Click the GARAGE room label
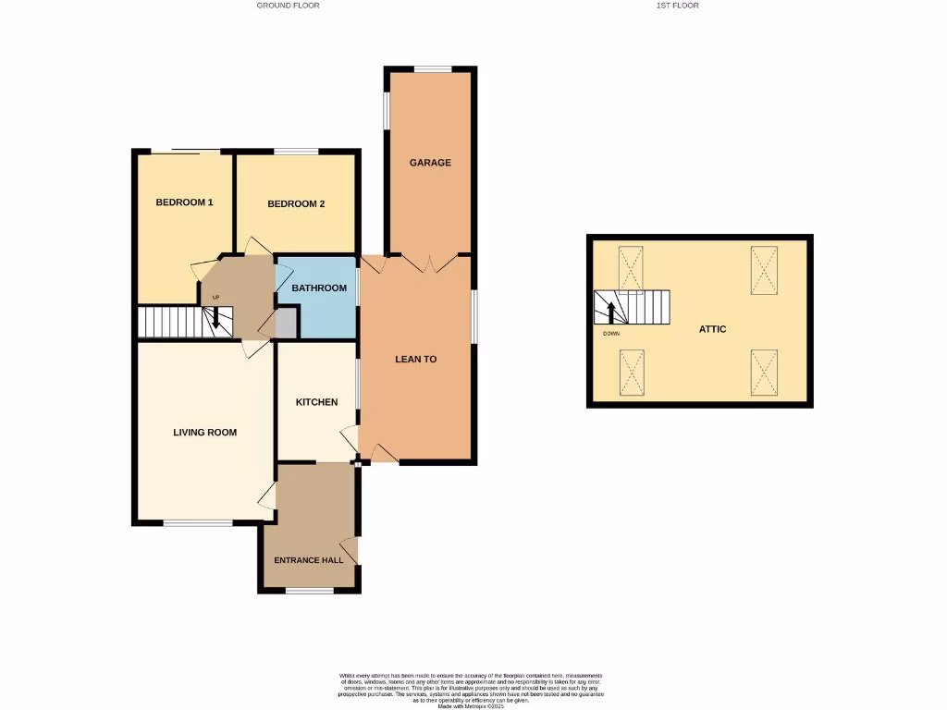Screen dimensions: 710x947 [x=430, y=163]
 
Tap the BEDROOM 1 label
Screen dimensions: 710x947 [x=184, y=202]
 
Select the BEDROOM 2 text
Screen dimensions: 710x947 [x=296, y=204]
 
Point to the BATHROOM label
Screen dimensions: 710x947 [x=319, y=288]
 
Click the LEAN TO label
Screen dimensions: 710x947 [x=415, y=359]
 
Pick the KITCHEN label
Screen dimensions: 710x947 [x=316, y=402]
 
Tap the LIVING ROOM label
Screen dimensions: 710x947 [x=205, y=432]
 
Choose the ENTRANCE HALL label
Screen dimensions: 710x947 [x=309, y=560]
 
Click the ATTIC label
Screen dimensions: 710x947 [x=712, y=329]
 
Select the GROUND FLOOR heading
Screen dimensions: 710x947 [x=289, y=6]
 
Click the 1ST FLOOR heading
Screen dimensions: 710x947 [x=677, y=6]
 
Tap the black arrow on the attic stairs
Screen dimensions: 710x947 [x=610, y=312]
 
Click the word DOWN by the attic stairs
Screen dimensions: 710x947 [x=610, y=333]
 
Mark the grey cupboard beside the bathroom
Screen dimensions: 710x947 [x=285, y=324]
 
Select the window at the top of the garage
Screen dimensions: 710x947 [x=432, y=68]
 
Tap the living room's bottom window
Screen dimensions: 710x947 [x=199, y=524]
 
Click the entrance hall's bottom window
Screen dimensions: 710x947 [x=310, y=590]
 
